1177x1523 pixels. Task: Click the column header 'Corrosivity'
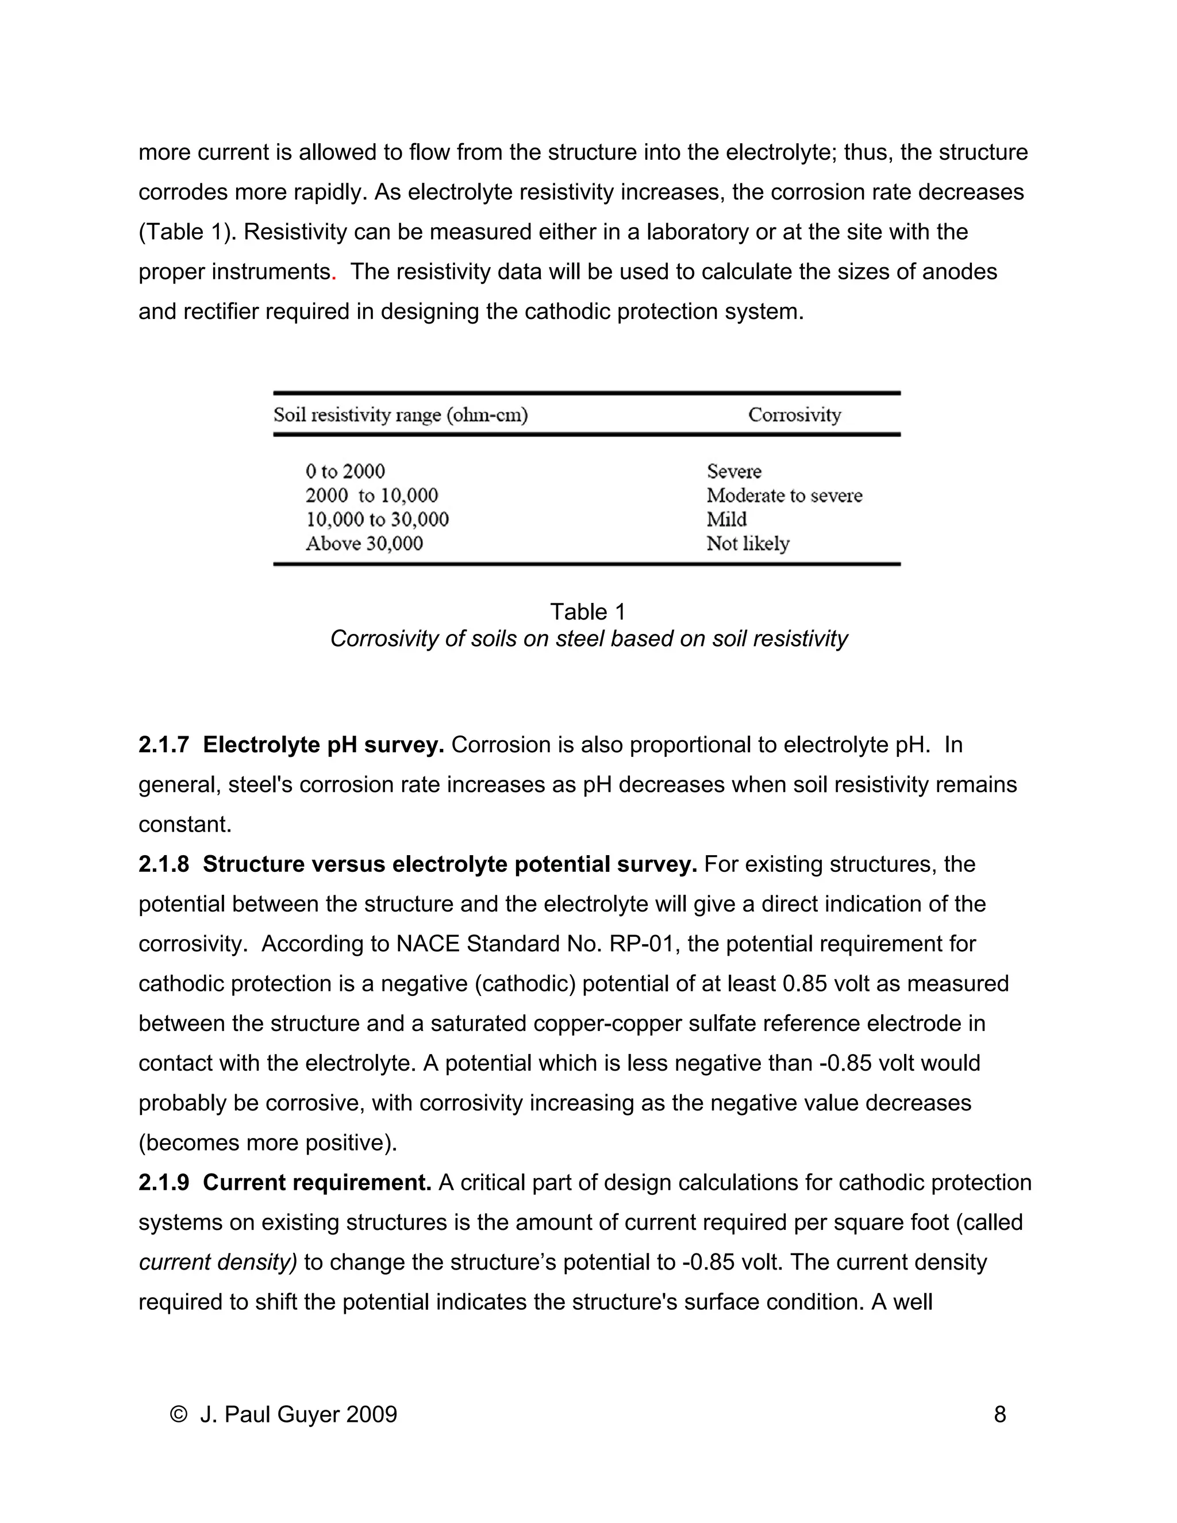tap(794, 415)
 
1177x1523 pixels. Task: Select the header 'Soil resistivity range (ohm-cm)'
tap(400, 416)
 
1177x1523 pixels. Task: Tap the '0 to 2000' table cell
tap(345, 471)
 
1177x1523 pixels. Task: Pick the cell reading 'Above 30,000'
tap(364, 543)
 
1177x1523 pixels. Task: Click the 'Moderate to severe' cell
tap(784, 496)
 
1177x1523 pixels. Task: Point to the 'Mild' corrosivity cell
tap(726, 520)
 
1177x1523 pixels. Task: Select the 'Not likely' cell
tap(748, 543)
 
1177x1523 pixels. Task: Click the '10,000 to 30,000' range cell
tap(377, 520)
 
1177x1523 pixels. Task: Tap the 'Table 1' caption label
tap(588, 611)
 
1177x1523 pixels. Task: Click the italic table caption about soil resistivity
tap(588, 638)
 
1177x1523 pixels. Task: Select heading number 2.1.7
tap(164, 745)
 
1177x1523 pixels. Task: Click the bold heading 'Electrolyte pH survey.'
tap(324, 745)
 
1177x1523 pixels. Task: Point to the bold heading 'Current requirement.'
tap(317, 1183)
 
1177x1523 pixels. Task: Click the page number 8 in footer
tap(999, 1414)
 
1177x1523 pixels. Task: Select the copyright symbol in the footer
tap(179, 1414)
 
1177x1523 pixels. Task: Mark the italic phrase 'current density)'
tap(218, 1262)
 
